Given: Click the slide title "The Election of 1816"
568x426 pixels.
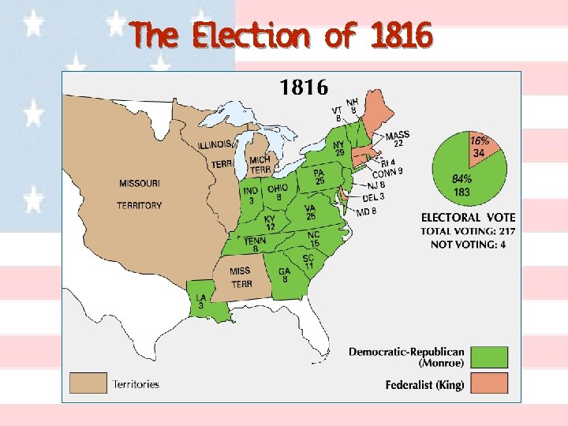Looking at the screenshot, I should (282, 35).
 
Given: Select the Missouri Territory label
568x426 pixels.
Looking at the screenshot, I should (140, 194).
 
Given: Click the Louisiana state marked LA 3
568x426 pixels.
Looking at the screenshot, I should (201, 301).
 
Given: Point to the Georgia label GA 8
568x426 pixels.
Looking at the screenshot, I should (284, 275).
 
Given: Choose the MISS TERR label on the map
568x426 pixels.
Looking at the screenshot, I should (241, 278).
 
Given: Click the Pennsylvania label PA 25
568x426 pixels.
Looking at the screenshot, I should (319, 177).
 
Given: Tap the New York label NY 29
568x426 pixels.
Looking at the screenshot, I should (338, 148).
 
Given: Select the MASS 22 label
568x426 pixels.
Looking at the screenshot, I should (397, 139).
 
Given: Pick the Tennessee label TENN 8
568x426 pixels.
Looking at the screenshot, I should (255, 245).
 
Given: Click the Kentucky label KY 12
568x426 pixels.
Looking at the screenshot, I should (270, 222).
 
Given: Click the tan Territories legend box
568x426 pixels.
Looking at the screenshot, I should (88, 383).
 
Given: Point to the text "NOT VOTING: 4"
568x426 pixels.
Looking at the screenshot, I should (468, 245).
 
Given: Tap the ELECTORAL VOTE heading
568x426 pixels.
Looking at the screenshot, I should (468, 217).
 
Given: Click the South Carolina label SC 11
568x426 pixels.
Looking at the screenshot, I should (309, 261).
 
